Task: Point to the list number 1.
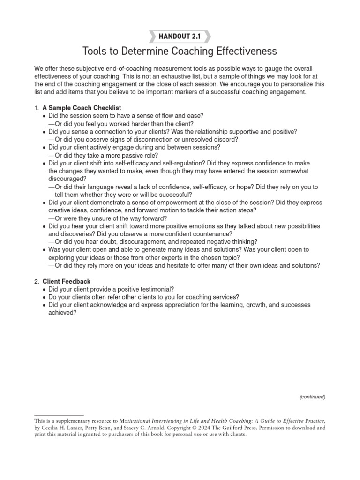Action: click(36, 108)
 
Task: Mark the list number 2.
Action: click(36, 281)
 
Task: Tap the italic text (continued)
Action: click(312, 397)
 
